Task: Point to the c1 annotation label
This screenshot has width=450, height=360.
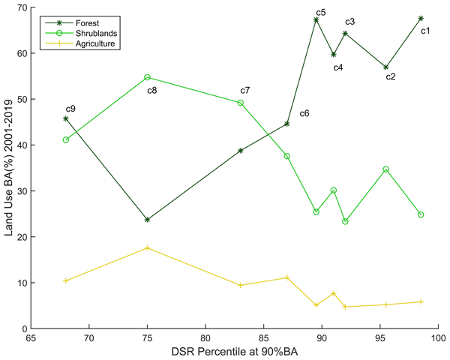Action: (425, 31)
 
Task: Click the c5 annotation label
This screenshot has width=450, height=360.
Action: (320, 13)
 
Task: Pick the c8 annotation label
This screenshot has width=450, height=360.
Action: (151, 91)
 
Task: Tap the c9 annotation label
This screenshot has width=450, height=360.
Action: (70, 109)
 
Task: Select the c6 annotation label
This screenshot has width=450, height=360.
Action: (304, 114)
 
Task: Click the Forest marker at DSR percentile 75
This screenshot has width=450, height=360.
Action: (147, 220)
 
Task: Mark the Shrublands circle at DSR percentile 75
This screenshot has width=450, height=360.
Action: (147, 77)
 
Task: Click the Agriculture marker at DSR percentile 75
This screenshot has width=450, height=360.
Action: (147, 247)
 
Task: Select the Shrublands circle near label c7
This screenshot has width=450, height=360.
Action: (240, 103)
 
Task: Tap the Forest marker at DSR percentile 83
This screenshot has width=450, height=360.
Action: (240, 151)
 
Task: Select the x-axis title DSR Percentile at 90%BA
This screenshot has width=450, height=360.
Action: (234, 352)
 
